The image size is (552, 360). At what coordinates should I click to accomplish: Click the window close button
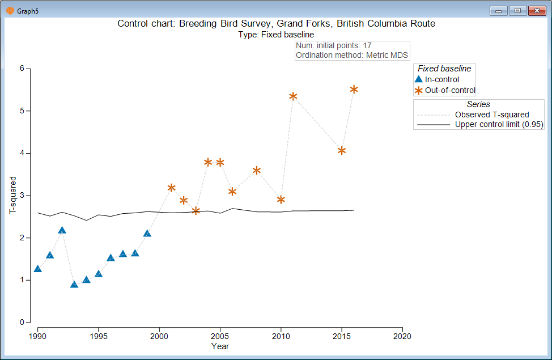pyautogui.click(x=536, y=10)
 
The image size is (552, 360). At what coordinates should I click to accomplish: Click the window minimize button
pyautogui.click(x=499, y=10)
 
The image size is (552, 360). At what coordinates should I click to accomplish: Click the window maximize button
pyautogui.click(x=517, y=10)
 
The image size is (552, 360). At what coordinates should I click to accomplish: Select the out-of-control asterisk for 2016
pyautogui.click(x=354, y=89)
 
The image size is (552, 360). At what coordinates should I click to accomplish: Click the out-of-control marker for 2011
pyautogui.click(x=293, y=96)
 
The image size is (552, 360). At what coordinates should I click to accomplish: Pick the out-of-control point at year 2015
pyautogui.click(x=342, y=150)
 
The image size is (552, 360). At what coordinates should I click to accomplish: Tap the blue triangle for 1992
pyautogui.click(x=62, y=230)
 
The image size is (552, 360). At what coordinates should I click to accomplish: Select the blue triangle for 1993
pyautogui.click(x=74, y=284)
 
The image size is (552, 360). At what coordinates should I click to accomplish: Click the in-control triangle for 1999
pyautogui.click(x=147, y=233)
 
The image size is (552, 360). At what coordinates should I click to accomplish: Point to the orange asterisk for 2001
pyautogui.click(x=171, y=188)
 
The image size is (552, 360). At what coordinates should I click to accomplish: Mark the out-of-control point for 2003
pyautogui.click(x=196, y=211)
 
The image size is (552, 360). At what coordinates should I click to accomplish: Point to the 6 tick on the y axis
pyautogui.click(x=22, y=69)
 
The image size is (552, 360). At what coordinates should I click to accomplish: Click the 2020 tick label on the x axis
pyautogui.click(x=402, y=336)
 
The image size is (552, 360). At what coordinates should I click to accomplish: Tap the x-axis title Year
pyautogui.click(x=220, y=346)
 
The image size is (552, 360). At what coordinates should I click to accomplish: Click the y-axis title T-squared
pyautogui.click(x=12, y=195)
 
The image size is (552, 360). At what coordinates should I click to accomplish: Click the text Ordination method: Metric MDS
pyautogui.click(x=352, y=55)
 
